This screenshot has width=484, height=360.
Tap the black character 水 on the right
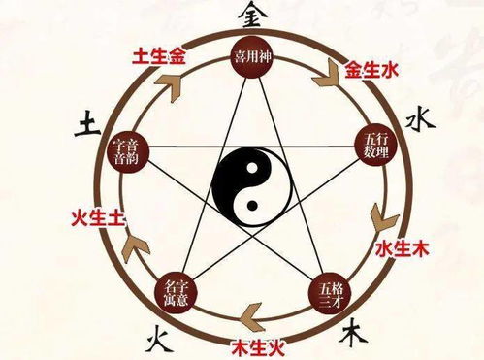417,119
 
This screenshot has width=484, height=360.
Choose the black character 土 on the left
84,121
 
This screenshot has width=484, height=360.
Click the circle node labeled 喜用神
249,57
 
